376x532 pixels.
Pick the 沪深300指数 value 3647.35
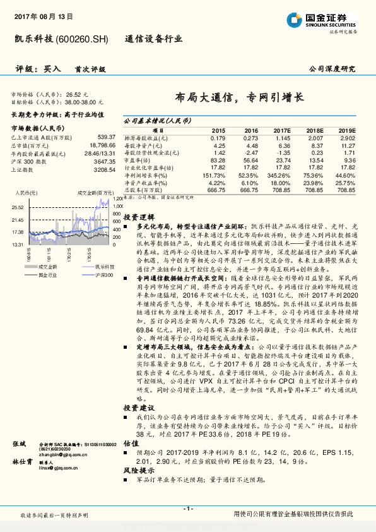pos(105,161)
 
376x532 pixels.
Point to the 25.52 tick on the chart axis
pos(17,207)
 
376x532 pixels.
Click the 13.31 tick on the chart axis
pos(17,244)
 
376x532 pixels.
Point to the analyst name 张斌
pos(19,444)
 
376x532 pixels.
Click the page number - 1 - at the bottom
pos(187,509)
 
